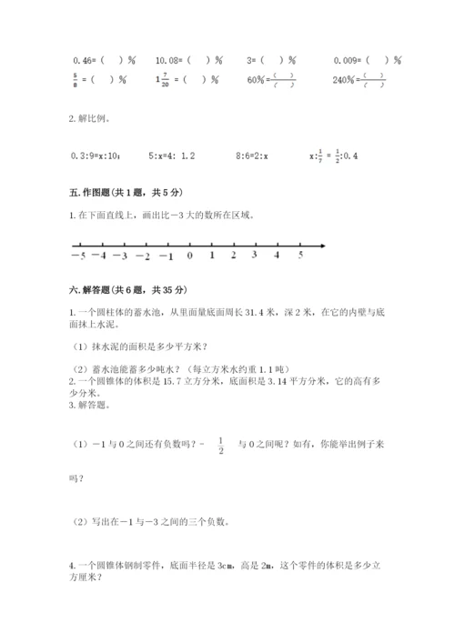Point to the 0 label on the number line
coord(189,256)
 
